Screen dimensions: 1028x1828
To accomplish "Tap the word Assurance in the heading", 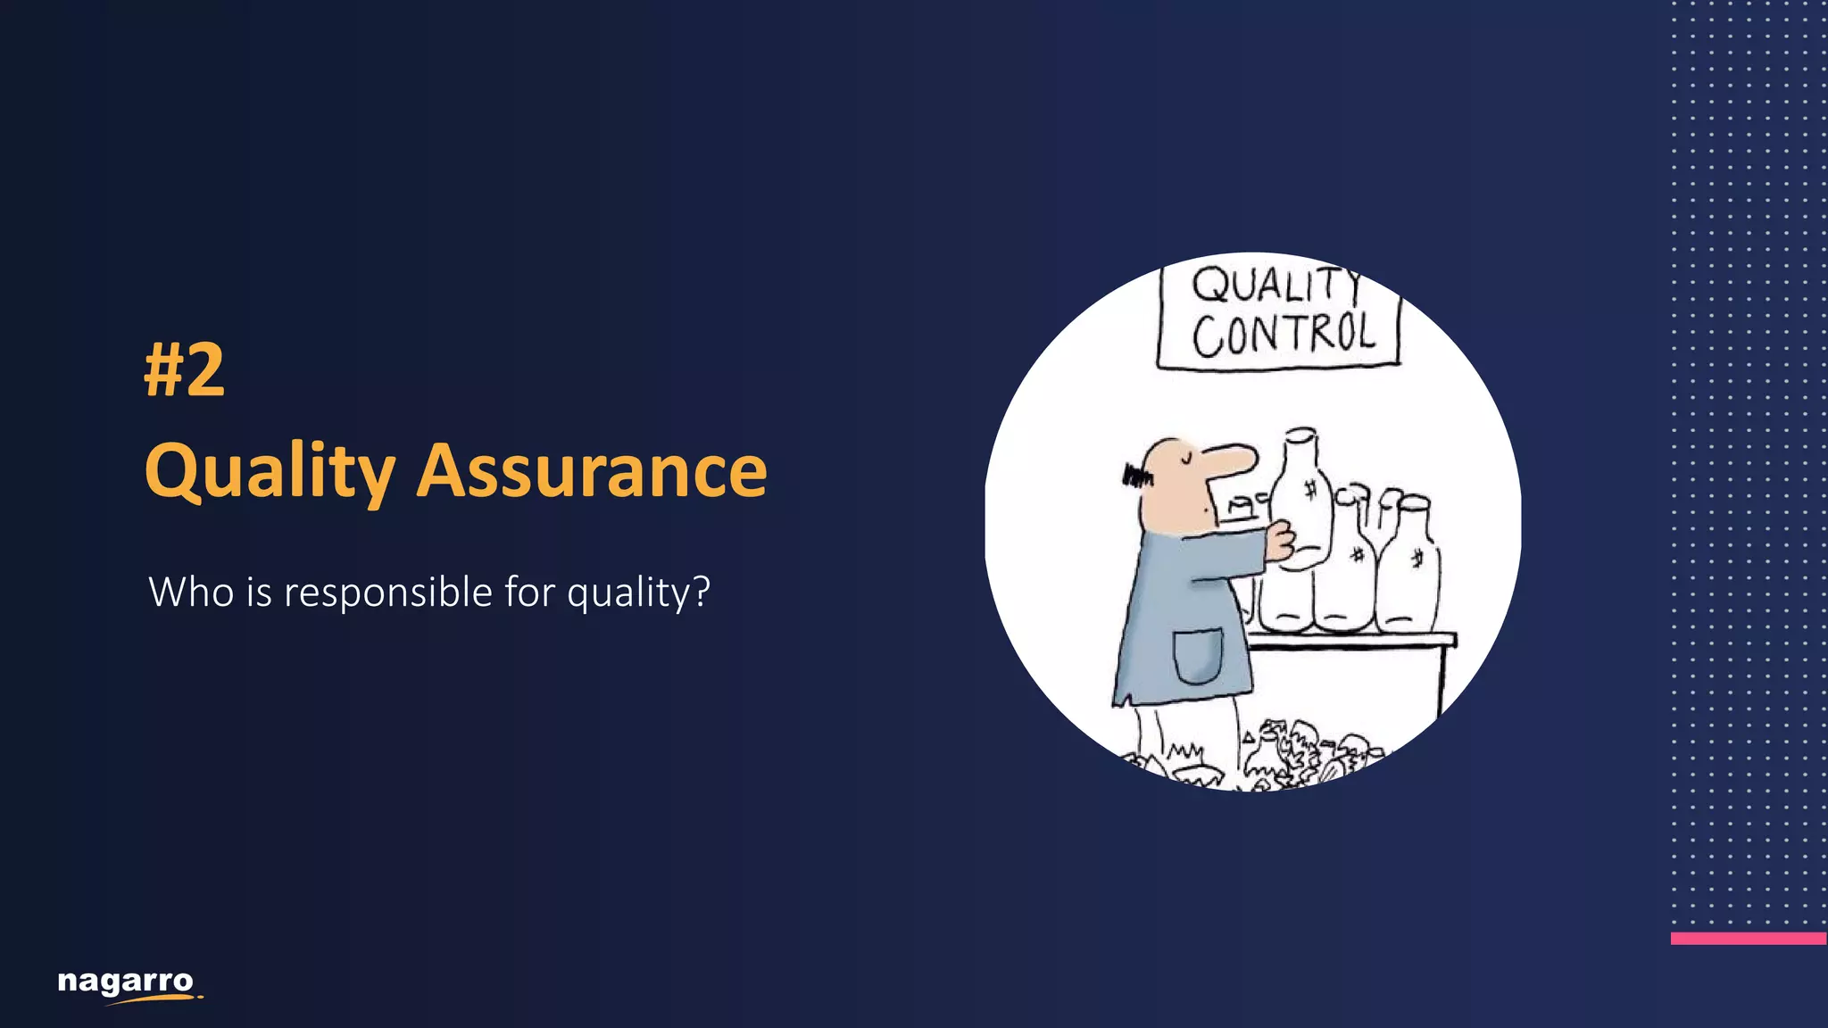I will tap(592, 471).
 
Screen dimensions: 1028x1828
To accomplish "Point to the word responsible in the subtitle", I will tap(387, 593).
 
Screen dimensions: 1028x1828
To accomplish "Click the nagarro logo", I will tap(127, 984).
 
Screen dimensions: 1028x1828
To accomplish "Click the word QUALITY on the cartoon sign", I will tap(1276, 286).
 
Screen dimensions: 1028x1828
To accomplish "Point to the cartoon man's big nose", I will tap(1233, 459).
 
